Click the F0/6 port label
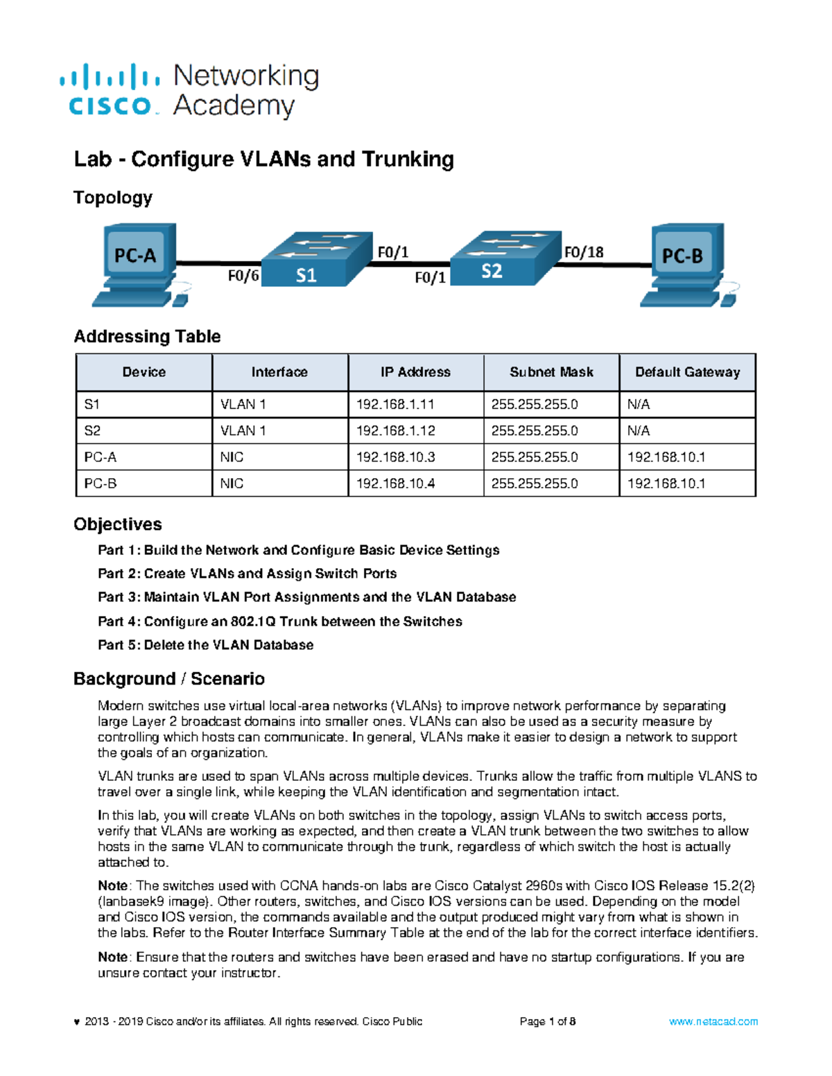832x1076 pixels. point(243,276)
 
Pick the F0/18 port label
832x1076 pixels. point(583,252)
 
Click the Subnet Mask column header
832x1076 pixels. point(551,372)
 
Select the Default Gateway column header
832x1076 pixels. point(687,372)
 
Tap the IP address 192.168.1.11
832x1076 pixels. point(395,404)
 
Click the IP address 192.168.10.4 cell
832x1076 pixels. point(395,484)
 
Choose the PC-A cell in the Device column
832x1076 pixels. point(101,457)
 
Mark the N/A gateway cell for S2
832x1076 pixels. point(639,431)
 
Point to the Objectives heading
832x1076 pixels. point(118,524)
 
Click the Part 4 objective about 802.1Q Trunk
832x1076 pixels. point(279,621)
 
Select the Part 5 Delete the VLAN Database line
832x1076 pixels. point(205,645)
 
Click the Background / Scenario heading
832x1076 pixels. point(169,679)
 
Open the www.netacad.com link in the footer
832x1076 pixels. point(713,1021)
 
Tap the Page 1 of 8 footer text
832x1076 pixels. point(547,1021)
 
